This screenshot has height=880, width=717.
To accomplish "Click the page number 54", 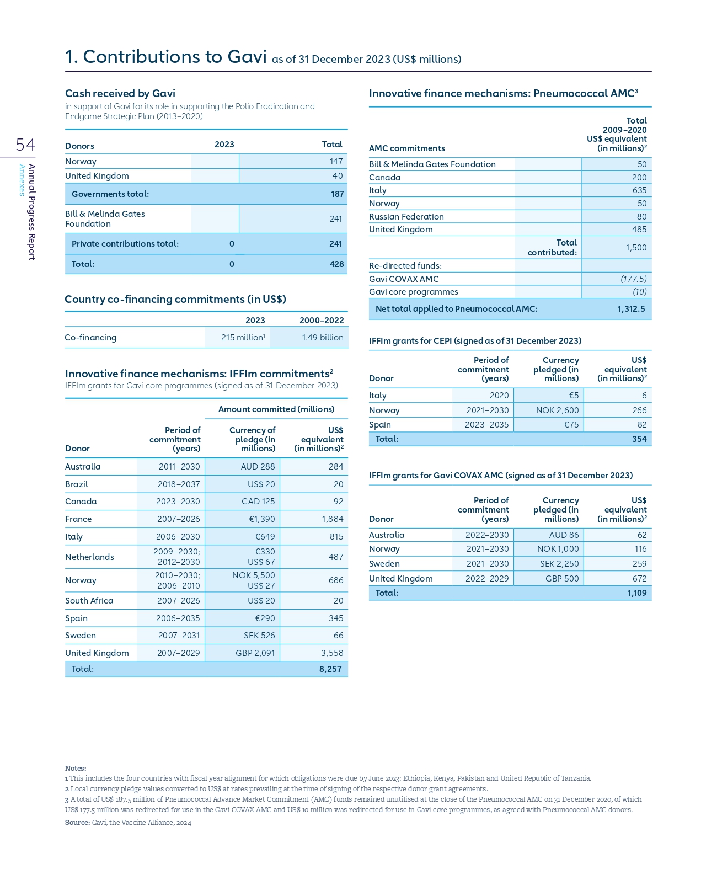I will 25,145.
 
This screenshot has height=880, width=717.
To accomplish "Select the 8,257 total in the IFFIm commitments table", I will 330,669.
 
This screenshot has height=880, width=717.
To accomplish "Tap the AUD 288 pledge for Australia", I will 258,466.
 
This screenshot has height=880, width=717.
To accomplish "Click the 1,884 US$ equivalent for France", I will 332,519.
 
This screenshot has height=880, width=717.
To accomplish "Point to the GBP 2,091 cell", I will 255,653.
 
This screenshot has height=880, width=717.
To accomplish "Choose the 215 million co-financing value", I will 243,337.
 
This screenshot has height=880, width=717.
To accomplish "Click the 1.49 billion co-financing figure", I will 322,337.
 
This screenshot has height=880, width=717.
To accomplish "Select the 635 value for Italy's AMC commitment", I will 639,190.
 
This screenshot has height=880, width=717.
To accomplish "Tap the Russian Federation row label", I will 406,216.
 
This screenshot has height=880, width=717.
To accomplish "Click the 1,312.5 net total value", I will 631,308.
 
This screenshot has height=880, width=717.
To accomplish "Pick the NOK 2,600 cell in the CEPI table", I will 557,410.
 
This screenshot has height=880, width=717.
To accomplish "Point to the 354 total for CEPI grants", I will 639,439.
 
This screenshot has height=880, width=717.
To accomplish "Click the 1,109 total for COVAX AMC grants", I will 636,593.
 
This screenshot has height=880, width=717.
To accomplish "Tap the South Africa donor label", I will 89,600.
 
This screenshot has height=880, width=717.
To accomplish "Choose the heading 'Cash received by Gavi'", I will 120,93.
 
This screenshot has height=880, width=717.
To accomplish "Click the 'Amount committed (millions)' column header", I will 276,409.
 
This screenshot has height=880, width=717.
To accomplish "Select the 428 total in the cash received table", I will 336,264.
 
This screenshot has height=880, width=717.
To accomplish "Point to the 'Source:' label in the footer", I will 77,822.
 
